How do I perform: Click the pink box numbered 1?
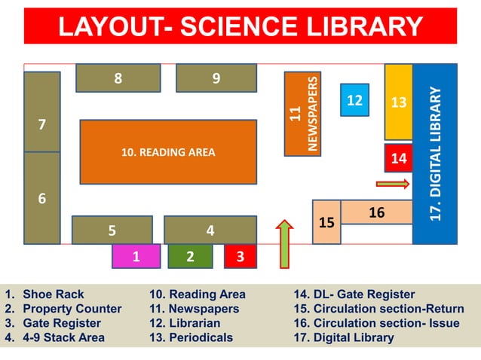136,256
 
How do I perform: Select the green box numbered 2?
189,256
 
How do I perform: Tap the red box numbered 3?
240,256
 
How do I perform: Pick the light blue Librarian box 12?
354,100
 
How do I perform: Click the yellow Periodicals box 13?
398,102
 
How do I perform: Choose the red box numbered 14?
398,158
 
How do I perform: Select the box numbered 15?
326,222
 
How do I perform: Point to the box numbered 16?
376,212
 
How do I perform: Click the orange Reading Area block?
167,152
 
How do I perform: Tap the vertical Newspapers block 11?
302,114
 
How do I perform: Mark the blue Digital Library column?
435,154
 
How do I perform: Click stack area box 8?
118,78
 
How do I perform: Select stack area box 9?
216,78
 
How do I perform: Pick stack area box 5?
112,230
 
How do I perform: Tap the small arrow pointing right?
393,183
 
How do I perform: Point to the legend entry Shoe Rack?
53,294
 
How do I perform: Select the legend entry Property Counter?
72,309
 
